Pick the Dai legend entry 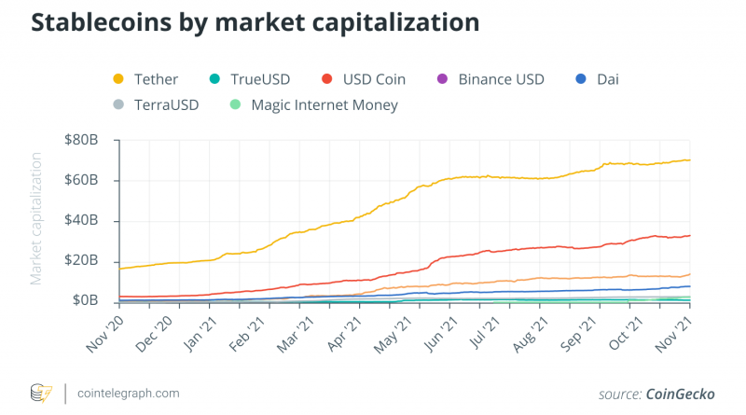605,79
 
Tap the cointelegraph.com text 129,394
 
